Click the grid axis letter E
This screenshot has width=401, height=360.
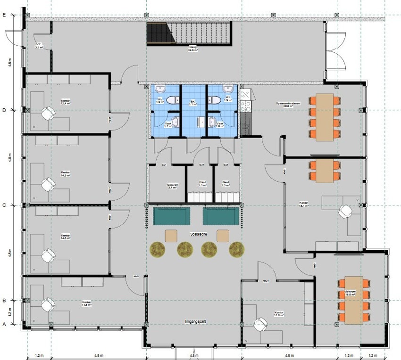click(x=4, y=16)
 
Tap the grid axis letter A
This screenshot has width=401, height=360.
click(x=4, y=324)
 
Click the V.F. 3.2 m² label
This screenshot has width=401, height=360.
click(x=39, y=46)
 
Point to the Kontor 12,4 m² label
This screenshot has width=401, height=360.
click(x=66, y=102)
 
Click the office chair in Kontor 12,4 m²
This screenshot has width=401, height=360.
click(x=48, y=114)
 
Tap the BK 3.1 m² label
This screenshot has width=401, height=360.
click(x=193, y=103)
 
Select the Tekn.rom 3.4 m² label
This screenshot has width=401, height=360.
click(x=172, y=186)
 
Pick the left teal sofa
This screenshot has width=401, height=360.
click(x=172, y=216)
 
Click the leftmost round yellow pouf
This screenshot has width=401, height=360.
click(x=158, y=249)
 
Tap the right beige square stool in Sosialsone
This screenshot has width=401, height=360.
click(x=223, y=235)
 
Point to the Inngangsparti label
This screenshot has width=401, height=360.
click(x=195, y=322)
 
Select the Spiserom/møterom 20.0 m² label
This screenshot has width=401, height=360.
click(x=285, y=106)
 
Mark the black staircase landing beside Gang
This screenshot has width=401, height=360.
click(x=158, y=33)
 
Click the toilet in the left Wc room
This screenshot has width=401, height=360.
click(x=174, y=99)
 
